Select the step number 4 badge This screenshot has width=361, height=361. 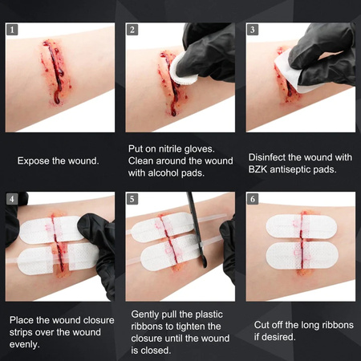11,198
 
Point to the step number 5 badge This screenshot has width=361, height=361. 132,198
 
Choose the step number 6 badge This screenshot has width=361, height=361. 253,198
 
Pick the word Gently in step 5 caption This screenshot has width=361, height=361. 146,315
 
